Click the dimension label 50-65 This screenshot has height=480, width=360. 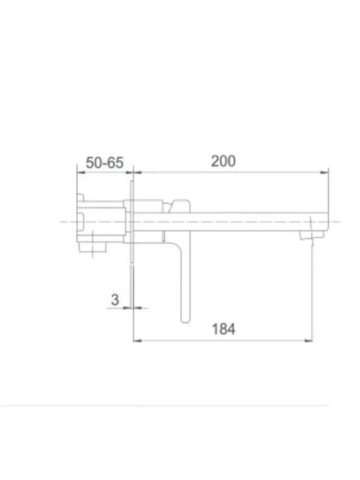click(x=104, y=163)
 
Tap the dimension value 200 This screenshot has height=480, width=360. click(x=223, y=161)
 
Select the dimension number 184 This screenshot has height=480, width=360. click(x=224, y=329)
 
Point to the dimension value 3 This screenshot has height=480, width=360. click(x=115, y=300)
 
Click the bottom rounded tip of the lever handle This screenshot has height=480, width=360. click(x=185, y=321)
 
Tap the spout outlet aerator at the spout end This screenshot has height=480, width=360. click(x=311, y=235)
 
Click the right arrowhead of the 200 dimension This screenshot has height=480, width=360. click(x=324, y=172)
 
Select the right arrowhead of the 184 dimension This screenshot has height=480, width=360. click(x=309, y=340)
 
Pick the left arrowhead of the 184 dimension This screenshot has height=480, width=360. click(x=138, y=340)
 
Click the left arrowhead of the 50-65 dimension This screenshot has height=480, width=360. click(x=81, y=172)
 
